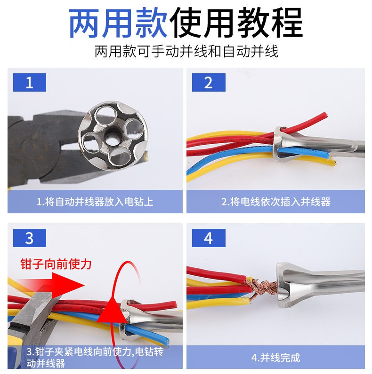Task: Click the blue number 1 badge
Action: (29, 83)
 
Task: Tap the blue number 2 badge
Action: (209, 83)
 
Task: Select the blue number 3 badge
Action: (29, 238)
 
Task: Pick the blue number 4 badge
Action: (209, 238)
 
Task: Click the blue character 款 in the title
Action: (152, 23)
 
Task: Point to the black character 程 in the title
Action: (287, 23)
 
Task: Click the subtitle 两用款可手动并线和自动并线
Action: (186, 51)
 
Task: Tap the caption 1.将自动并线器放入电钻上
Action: (95, 202)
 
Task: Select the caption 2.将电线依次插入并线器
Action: (275, 202)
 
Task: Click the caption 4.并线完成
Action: (275, 358)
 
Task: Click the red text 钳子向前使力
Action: (56, 264)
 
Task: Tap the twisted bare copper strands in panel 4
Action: (262, 287)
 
